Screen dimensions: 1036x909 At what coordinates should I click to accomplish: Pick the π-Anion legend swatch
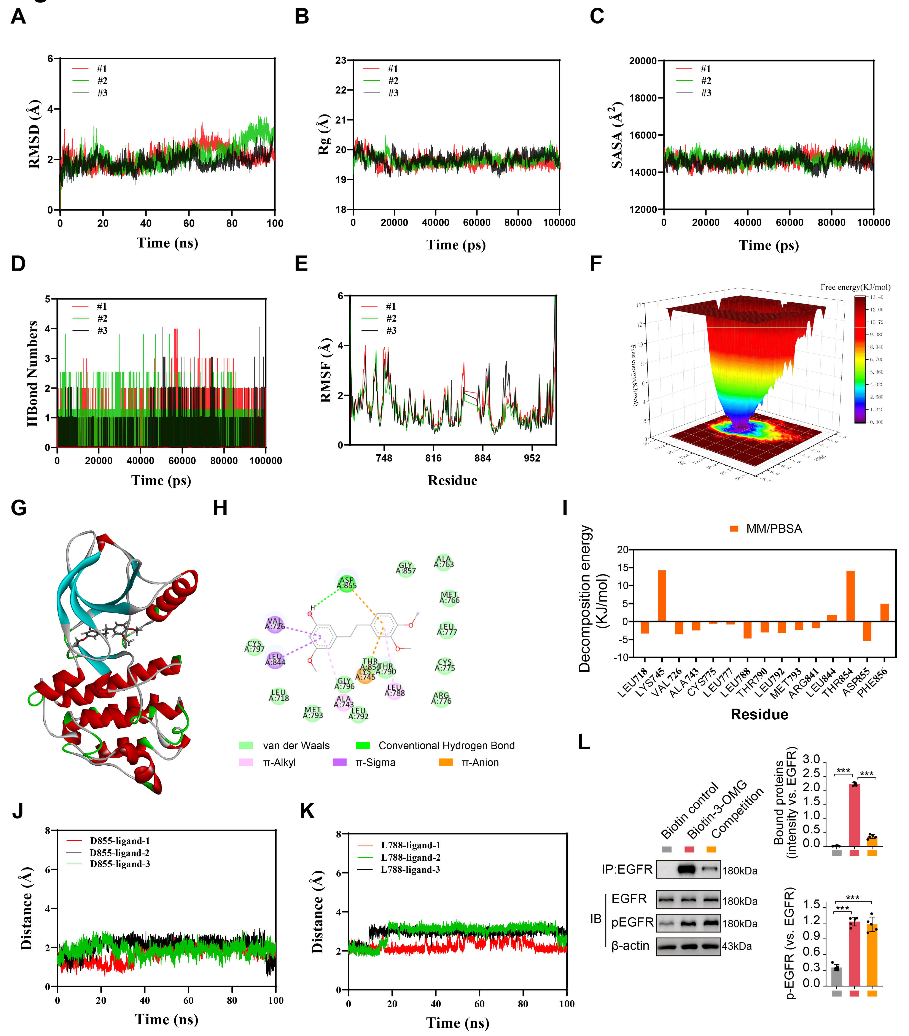click(446, 762)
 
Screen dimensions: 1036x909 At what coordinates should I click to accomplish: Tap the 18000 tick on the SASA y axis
click(643, 98)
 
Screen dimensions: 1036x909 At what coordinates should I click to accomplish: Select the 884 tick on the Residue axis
click(483, 458)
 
